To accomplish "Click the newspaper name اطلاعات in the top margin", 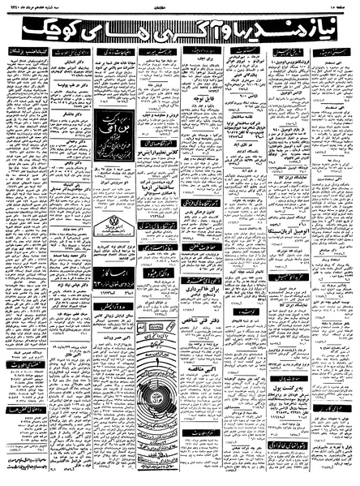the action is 180,6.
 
